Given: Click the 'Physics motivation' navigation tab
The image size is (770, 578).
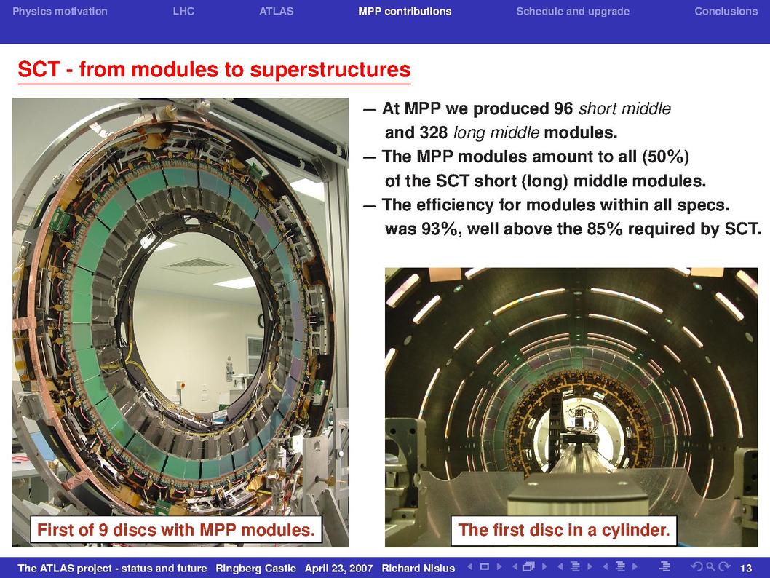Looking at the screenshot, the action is [x=60, y=12].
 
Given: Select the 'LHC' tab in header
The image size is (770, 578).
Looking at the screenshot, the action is [x=183, y=12].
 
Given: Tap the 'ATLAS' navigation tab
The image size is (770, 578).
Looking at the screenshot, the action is [x=277, y=12].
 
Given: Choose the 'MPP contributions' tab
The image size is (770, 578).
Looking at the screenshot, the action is [x=405, y=12].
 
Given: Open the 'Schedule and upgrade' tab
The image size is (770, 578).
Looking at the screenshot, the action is [x=573, y=12].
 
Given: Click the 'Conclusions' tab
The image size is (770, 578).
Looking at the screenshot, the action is [x=726, y=12].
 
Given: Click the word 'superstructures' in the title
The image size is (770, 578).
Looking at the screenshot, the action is [x=330, y=70].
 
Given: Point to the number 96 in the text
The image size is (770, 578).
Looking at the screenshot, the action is [x=563, y=108].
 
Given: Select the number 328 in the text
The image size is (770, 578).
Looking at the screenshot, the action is [x=433, y=132].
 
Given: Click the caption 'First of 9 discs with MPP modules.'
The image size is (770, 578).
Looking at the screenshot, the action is [x=176, y=530].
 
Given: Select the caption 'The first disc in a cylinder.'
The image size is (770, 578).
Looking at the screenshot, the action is [x=564, y=530].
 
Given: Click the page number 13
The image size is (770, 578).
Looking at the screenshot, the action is [x=746, y=569].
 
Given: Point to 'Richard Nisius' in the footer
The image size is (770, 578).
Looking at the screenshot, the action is [x=418, y=569].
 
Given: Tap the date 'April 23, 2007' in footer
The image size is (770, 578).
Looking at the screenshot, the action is [x=339, y=569].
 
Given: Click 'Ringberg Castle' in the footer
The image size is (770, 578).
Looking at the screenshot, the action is [x=256, y=569].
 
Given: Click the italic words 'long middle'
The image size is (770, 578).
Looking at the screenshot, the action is [x=496, y=132].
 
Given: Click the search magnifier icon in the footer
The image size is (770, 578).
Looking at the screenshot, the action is [x=710, y=567].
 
